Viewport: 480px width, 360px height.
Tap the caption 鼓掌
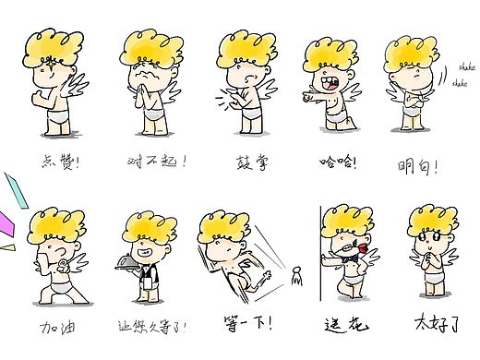click(250, 162)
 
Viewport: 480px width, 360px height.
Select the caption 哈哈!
click(338, 162)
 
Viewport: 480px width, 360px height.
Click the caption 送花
click(347, 325)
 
